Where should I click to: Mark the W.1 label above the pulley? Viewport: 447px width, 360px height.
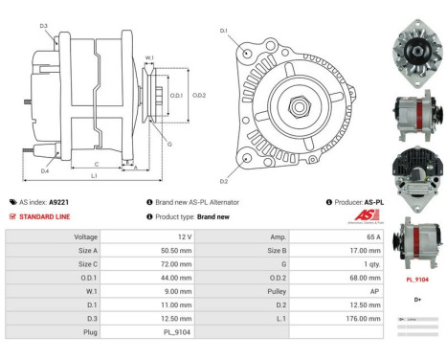149,58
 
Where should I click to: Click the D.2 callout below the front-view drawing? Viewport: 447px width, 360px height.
223,182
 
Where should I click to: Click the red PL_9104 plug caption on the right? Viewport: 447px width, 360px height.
416,280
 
